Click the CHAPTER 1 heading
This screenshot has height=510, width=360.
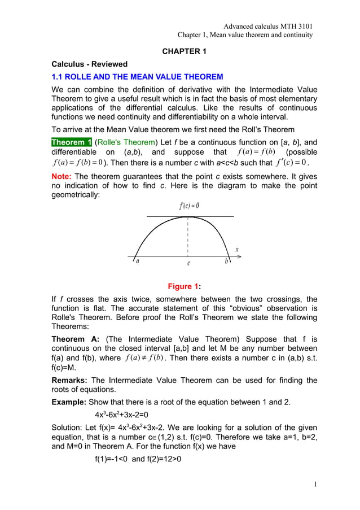coord(185,51)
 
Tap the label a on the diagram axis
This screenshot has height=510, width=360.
coord(136,262)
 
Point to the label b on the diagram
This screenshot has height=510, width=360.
coord(226,261)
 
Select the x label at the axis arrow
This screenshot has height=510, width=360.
coord(237,249)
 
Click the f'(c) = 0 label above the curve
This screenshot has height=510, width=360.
coord(188,206)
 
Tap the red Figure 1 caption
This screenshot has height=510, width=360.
coord(184,287)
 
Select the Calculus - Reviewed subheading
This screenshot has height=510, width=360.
coord(89,64)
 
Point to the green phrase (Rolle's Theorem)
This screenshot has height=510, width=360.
coord(123,142)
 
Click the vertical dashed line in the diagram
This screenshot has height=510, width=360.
coord(188,237)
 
